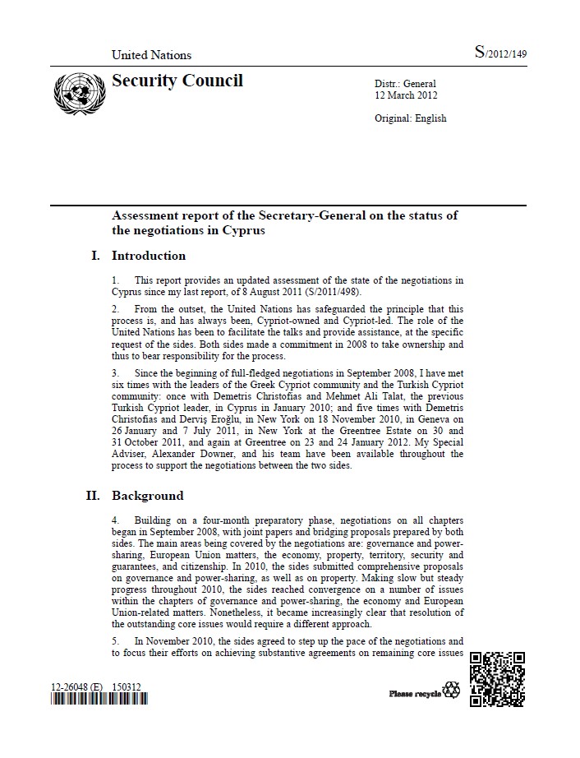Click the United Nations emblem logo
point(75,95)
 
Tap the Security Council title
point(177,81)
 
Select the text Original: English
point(410,118)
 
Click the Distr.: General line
point(405,84)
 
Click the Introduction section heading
point(149,256)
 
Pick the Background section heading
point(148,496)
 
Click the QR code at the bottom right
point(498,679)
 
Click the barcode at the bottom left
point(99,700)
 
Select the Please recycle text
point(415,694)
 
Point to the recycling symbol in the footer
point(452,691)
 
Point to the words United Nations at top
point(151,55)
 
